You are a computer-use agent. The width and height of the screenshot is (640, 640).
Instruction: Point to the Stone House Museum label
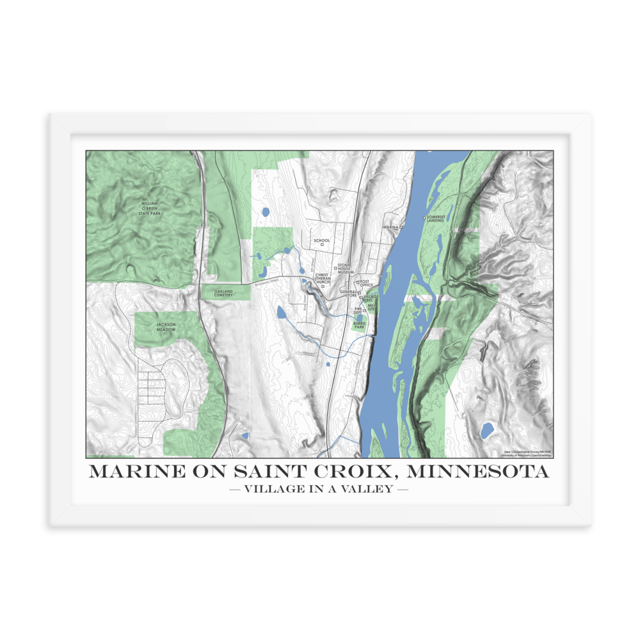345,268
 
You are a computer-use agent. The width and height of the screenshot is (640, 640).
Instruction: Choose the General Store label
348,293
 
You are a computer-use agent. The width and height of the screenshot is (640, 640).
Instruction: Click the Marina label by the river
390,227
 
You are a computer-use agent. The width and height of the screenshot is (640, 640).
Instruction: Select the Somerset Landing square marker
424,218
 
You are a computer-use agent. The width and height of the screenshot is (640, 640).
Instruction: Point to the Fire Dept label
358,310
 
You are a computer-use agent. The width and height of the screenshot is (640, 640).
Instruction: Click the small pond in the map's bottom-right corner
487,429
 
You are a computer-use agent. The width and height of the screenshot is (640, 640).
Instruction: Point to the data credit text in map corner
527,453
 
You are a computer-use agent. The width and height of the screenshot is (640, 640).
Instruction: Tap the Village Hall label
372,298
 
